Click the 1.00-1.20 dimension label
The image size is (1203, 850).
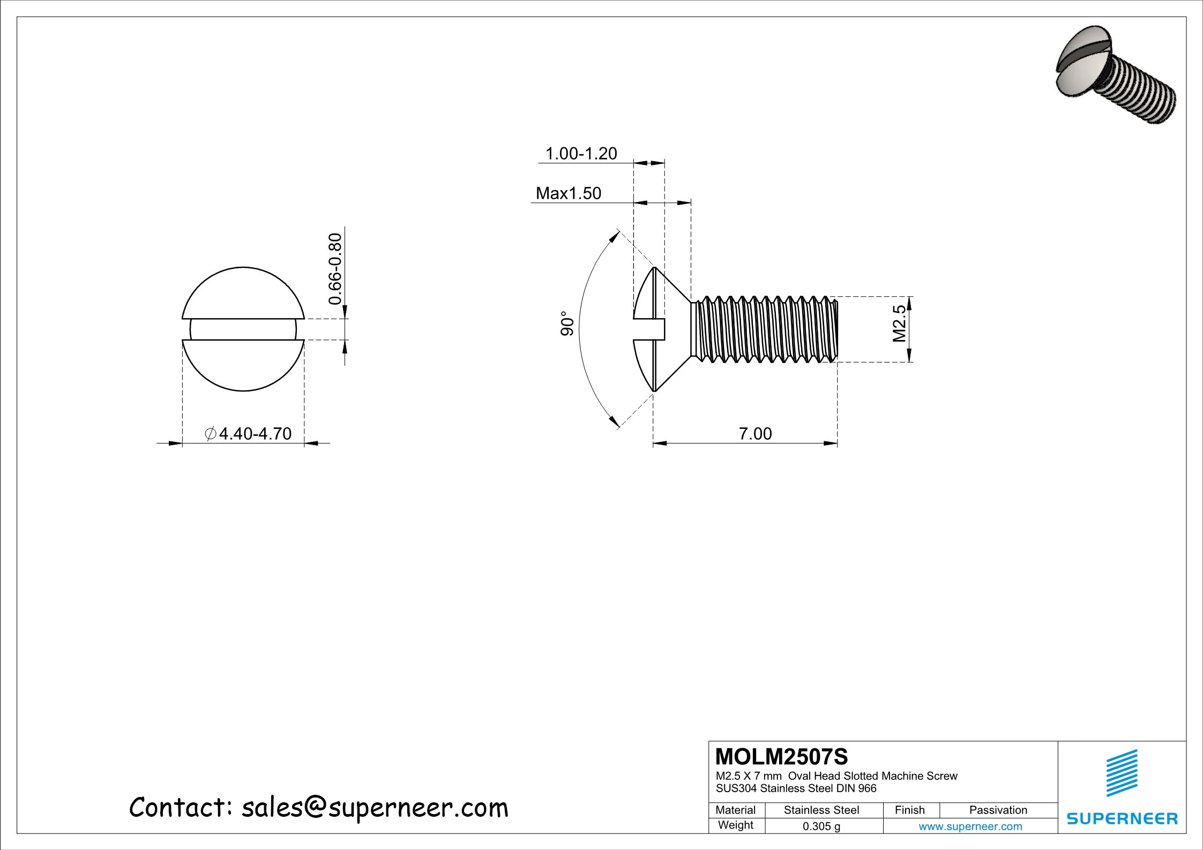pyautogui.click(x=581, y=154)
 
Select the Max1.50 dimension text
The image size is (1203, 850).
pyautogui.click(x=568, y=193)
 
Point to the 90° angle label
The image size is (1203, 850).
pyautogui.click(x=567, y=324)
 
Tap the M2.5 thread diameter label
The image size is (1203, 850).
pyautogui.click(x=899, y=324)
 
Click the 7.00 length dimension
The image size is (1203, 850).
pyautogui.click(x=755, y=434)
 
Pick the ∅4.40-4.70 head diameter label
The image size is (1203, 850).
pyautogui.click(x=248, y=434)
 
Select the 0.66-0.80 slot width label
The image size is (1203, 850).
pyautogui.click(x=335, y=269)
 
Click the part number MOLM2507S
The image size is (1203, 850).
pyautogui.click(x=782, y=757)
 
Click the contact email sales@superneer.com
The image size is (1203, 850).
pyautogui.click(x=375, y=808)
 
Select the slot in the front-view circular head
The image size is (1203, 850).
pyautogui.click(x=243, y=329)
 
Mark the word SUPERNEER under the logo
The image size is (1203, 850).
pyautogui.click(x=1122, y=819)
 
